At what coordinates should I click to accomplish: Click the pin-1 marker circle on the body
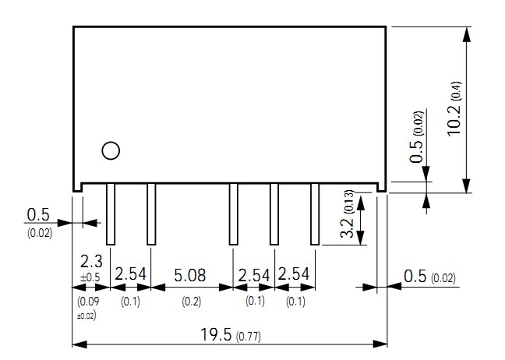(111, 150)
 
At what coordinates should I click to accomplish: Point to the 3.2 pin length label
(348, 228)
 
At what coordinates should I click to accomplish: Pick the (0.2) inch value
(191, 301)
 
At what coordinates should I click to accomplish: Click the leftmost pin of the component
(110, 214)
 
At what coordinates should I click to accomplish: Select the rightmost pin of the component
(316, 214)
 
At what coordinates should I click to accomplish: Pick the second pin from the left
(151, 214)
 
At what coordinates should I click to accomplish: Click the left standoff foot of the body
(78, 186)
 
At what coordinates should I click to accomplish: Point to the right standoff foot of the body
(382, 186)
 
